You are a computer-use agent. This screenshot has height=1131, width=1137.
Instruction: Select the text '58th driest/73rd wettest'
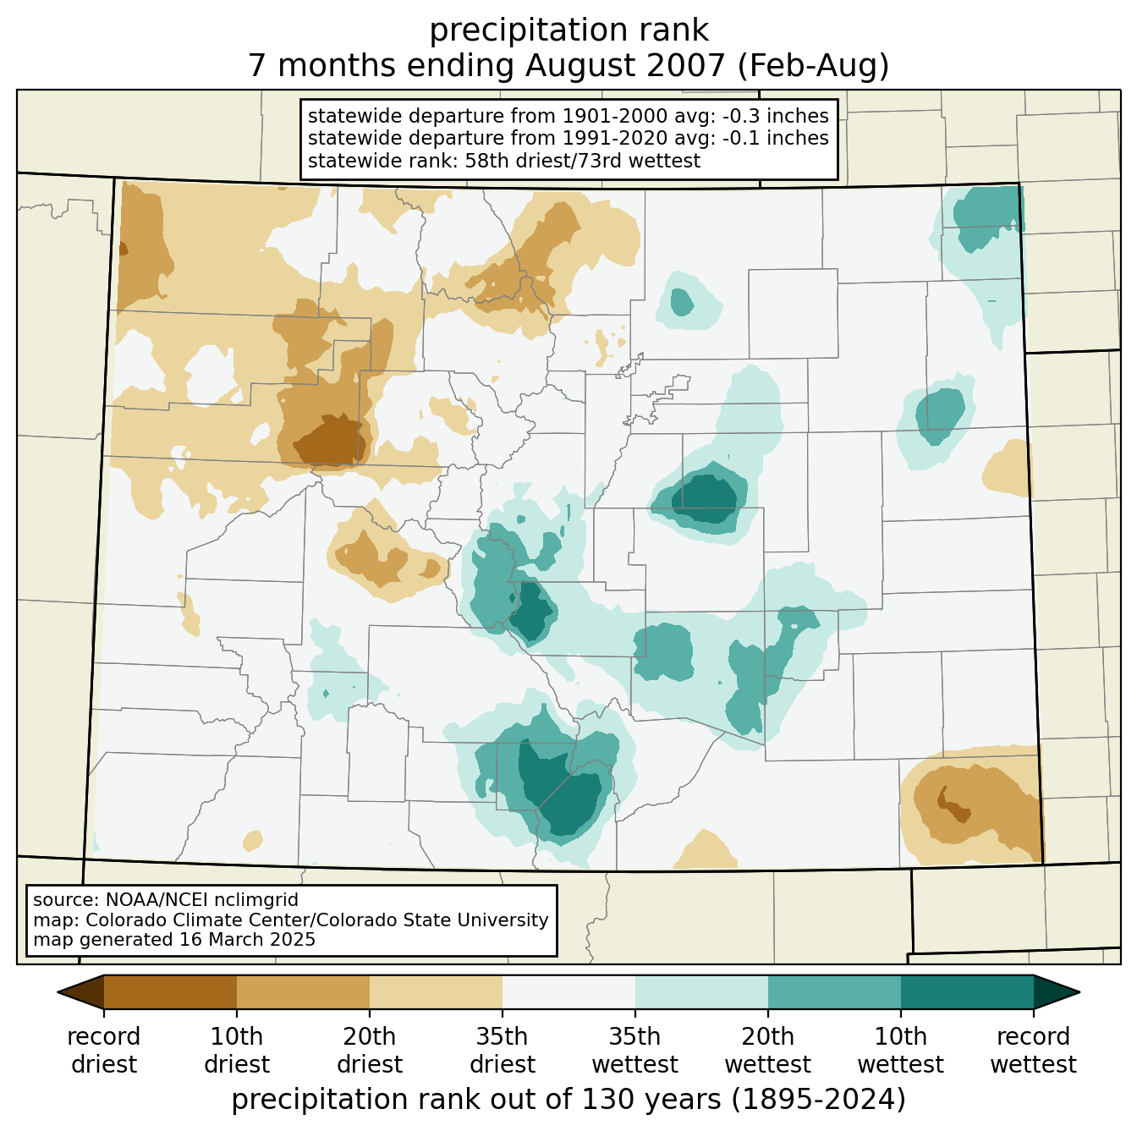(582, 161)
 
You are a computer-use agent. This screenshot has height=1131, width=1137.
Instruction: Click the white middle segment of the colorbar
(568, 992)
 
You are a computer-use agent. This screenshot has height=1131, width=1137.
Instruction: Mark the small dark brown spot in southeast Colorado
(953, 806)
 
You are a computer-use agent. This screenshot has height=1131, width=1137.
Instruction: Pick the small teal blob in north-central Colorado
(682, 302)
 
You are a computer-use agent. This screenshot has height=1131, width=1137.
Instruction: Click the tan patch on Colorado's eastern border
(1008, 468)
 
